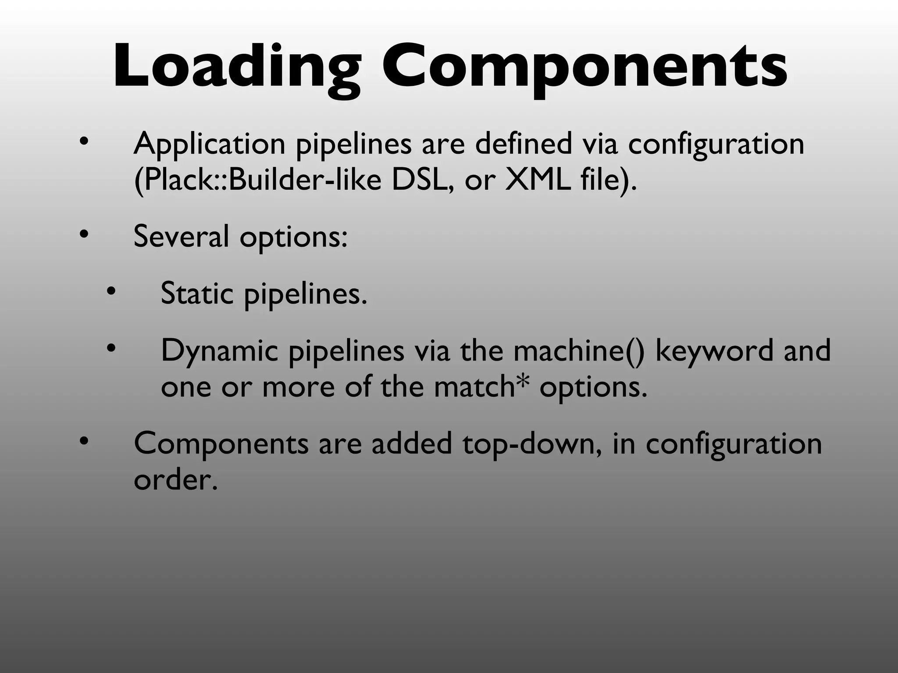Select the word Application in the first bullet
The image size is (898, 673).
click(x=210, y=145)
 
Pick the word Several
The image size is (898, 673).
click(x=181, y=237)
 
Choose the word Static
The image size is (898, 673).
click(x=197, y=293)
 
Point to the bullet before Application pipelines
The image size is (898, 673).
click(x=84, y=142)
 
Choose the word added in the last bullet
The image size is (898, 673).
click(x=412, y=443)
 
